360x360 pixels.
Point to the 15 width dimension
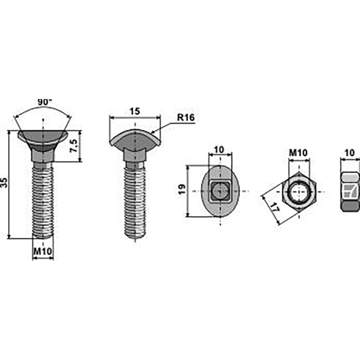tap(135, 110)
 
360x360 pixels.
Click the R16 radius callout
tap(185, 117)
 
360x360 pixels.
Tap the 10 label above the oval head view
tap(220, 149)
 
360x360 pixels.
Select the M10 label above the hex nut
tap(297, 153)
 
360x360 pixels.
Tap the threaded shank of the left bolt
tap(43, 198)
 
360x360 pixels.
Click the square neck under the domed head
tap(135, 155)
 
